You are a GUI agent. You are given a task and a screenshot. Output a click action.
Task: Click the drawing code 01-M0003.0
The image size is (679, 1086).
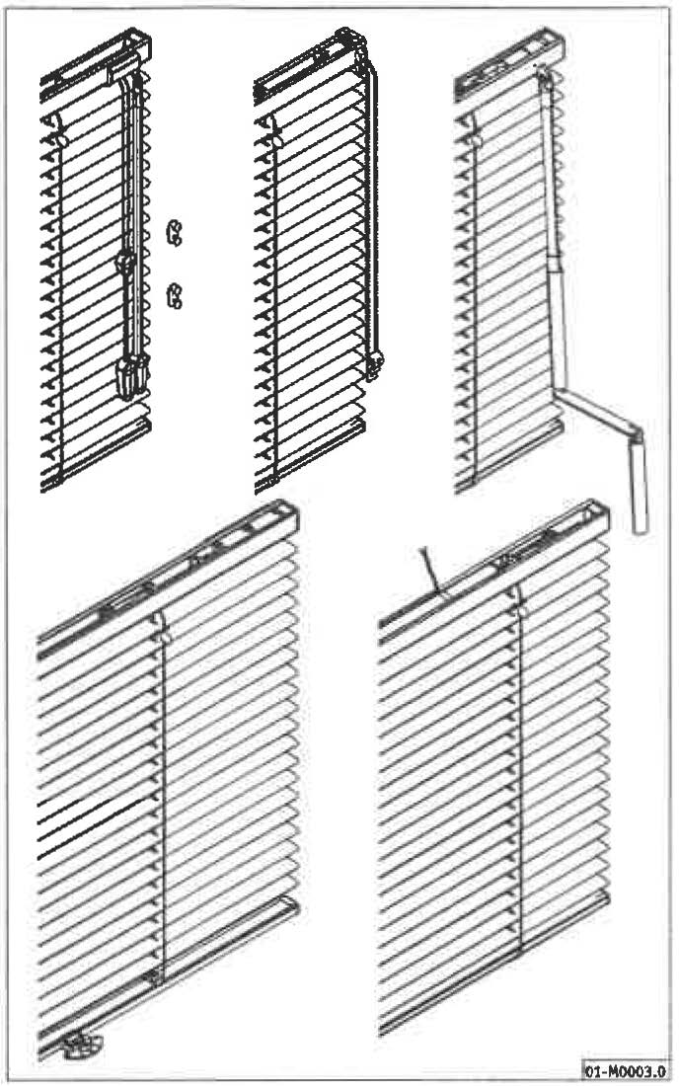[625, 1071]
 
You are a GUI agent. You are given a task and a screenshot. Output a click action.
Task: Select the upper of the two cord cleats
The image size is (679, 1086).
[175, 232]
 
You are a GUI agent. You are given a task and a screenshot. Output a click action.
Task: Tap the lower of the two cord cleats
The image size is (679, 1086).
[175, 296]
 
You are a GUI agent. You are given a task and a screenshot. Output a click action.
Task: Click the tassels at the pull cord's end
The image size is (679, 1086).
[133, 377]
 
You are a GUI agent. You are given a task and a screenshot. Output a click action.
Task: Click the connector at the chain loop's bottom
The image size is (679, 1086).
[375, 364]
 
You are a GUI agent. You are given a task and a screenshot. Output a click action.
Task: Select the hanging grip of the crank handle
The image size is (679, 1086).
[639, 486]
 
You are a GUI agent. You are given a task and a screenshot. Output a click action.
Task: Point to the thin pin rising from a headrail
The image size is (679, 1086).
[430, 571]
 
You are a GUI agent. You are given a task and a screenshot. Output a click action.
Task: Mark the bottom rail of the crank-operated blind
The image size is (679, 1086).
[509, 454]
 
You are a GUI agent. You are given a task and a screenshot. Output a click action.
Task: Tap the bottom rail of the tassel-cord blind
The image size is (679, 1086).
[96, 454]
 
